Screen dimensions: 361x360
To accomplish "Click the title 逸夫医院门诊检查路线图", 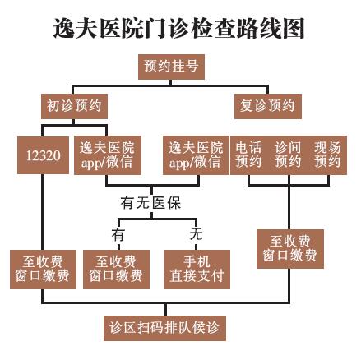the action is tap(178, 29).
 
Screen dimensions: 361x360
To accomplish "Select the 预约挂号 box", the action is tap(171, 67).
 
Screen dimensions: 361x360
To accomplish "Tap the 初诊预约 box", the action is tap(74, 106).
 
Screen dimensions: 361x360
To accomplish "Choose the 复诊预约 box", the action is tap(268, 106).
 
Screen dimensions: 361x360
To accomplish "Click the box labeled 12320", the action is tap(43, 155).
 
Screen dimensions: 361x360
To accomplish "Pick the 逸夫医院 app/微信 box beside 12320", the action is tap(108, 155).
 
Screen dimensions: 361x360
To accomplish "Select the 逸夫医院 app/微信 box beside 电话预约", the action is tap(196, 155).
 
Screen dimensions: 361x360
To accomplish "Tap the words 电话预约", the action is tap(248, 155).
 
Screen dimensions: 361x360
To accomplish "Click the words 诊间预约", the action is tap(288, 155).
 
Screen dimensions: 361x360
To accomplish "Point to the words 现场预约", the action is tap(327, 155).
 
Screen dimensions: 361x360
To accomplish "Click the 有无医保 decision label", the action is tap(150, 203).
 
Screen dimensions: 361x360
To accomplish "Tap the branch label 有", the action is tap(118, 235).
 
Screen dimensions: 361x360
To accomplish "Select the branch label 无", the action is tap(197, 234).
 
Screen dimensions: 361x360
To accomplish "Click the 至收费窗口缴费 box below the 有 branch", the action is tap(116, 270).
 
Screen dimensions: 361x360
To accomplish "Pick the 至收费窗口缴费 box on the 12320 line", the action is tap(43, 270).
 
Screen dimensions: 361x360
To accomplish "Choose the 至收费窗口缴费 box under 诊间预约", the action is tap(290, 249).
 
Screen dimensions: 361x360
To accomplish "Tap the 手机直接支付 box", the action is tap(197, 270).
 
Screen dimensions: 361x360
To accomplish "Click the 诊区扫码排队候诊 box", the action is tap(164, 328).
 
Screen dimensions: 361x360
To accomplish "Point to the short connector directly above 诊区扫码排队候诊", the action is tap(165, 309).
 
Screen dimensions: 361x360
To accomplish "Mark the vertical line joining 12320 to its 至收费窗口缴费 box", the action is tap(43, 212).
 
